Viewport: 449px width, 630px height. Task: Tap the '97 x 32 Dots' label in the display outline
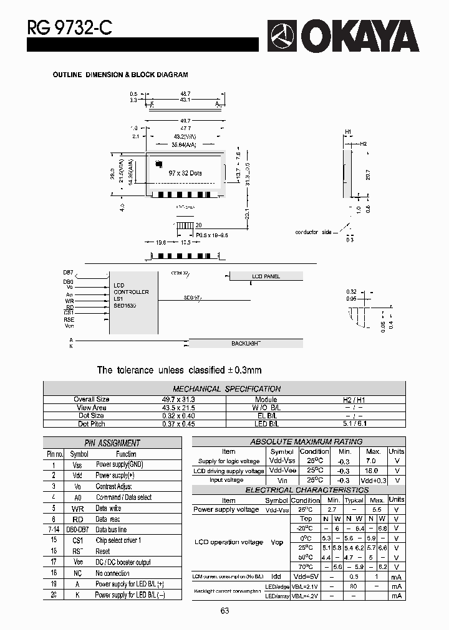(185, 174)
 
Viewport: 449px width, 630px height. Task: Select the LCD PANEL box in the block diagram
(266, 276)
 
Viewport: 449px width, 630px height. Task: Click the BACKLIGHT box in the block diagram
(246, 343)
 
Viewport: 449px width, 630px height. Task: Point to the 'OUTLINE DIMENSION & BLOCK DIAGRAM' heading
(120, 75)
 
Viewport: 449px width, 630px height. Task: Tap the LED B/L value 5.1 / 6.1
(354, 424)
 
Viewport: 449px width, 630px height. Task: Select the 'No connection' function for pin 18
(112, 573)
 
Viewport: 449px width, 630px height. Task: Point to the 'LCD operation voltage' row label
(228, 542)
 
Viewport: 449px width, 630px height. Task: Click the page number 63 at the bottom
(224, 611)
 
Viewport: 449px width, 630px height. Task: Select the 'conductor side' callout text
(313, 232)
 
